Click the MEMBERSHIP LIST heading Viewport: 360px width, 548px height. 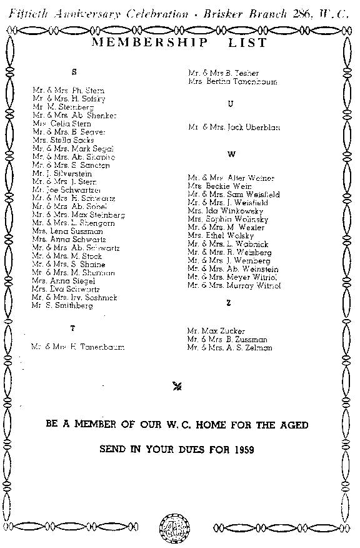(x=179, y=43)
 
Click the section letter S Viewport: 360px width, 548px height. (x=74, y=72)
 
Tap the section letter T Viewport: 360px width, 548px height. (x=72, y=328)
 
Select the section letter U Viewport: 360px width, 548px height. (x=231, y=104)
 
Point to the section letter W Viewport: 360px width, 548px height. (x=231, y=154)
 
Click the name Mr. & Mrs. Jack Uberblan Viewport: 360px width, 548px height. (x=234, y=128)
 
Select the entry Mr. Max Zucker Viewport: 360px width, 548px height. (x=216, y=330)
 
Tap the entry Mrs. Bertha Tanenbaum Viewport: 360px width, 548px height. (x=232, y=82)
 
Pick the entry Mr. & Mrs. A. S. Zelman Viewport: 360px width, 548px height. (x=229, y=347)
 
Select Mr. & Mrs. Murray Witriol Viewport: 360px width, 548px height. (x=234, y=285)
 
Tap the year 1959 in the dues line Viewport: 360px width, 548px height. (x=247, y=450)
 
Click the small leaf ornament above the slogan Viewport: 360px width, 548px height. (x=177, y=386)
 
